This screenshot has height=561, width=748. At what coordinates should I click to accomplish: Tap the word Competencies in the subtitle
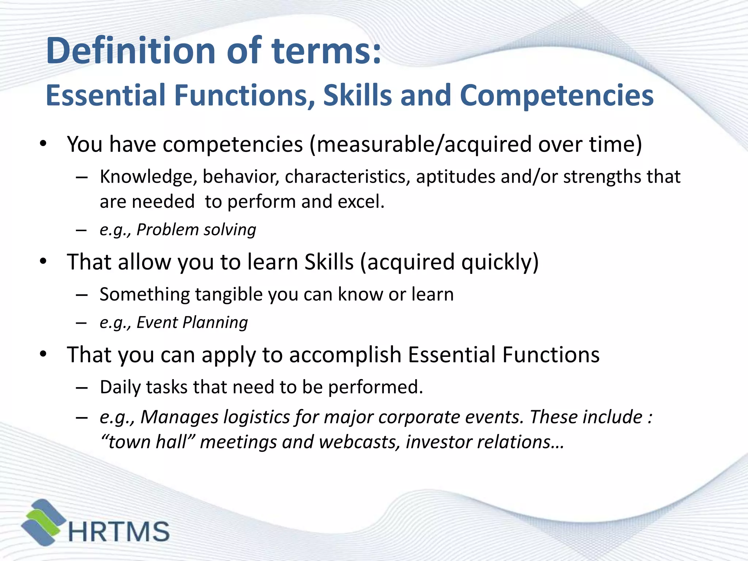[556, 95]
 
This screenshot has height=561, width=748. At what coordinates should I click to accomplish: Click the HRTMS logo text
[119, 531]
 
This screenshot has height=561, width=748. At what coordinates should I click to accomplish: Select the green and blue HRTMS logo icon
[43, 522]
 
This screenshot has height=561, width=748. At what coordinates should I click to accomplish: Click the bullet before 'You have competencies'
[43, 144]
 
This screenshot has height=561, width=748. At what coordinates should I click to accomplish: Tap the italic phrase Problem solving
[196, 230]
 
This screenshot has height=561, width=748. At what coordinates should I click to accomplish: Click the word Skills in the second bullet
[329, 262]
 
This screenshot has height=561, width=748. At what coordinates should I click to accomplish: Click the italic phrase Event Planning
[192, 323]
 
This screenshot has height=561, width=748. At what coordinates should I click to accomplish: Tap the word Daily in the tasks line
[120, 387]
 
